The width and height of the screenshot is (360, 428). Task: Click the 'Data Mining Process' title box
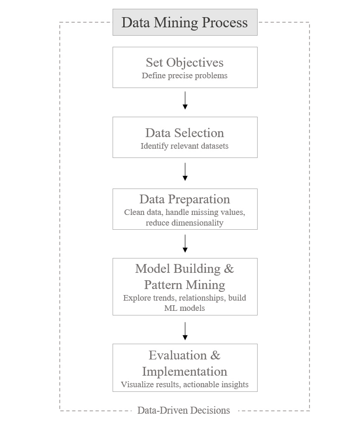pos(185,22)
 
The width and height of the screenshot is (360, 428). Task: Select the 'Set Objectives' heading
pos(184,63)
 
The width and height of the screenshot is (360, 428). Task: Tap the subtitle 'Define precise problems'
pos(184,76)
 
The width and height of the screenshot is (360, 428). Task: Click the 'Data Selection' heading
pos(184,133)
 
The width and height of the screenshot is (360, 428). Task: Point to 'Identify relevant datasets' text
pos(184,146)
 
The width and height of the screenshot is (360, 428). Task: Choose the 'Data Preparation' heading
pos(184,199)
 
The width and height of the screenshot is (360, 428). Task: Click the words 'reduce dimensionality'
pos(184,223)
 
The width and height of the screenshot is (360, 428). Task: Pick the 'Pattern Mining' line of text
pos(184,285)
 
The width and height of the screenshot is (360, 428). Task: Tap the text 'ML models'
pos(184,308)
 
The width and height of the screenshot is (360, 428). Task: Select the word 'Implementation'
pos(184,371)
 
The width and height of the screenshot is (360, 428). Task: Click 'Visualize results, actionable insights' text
pos(184,384)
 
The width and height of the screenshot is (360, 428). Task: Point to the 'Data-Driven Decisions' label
pos(183,410)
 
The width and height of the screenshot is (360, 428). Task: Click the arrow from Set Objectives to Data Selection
pos(185,101)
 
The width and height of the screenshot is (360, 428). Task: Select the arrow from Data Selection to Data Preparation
pos(185,172)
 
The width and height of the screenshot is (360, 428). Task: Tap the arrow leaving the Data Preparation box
pos(185,244)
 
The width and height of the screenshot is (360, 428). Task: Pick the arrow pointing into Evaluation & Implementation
pos(185,331)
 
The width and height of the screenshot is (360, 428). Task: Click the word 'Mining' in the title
pos(176,23)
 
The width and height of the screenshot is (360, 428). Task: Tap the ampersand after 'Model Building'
pos(229,269)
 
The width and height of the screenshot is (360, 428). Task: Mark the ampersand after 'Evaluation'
pos(215,355)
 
